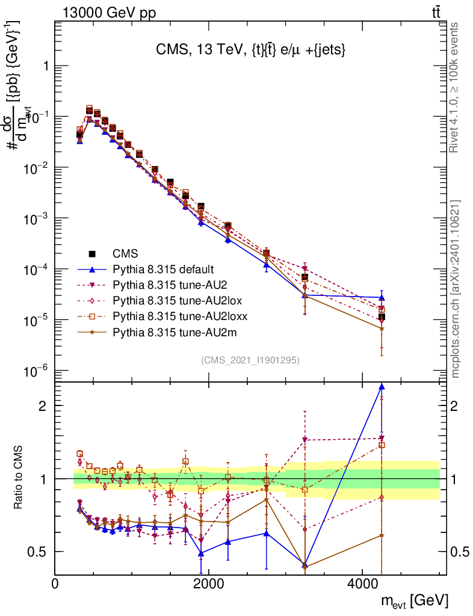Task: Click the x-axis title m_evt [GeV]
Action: [415, 600]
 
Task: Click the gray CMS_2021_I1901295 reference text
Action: [250, 360]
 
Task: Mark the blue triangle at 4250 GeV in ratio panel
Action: [382, 387]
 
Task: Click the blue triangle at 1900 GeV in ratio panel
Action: [201, 553]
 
